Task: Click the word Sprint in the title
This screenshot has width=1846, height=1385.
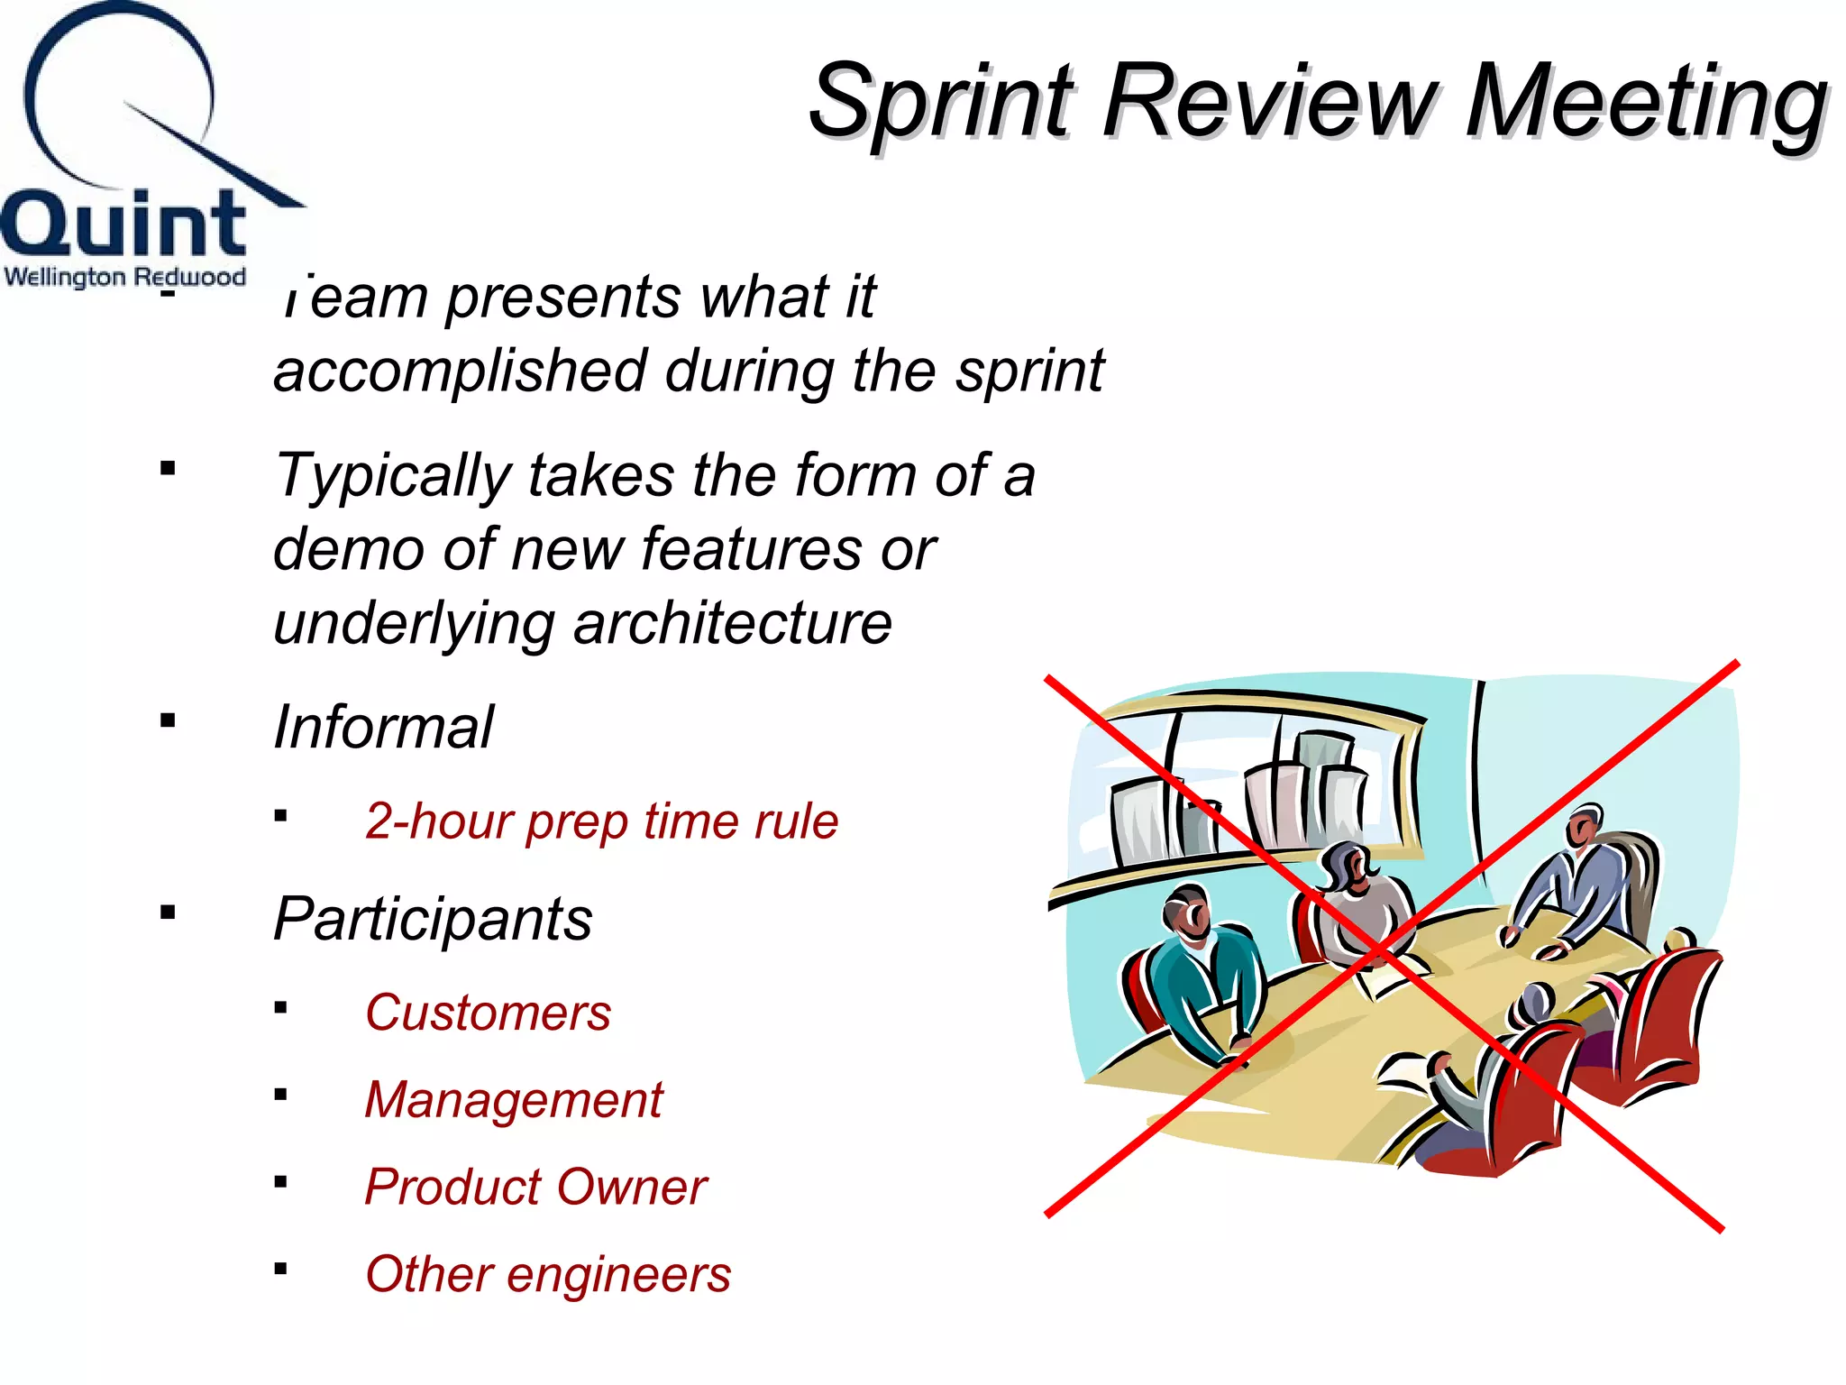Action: point(942,101)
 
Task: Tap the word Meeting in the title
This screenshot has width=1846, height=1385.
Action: point(1646,101)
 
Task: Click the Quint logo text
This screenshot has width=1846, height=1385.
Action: point(123,224)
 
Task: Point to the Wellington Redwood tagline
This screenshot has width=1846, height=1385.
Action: point(124,276)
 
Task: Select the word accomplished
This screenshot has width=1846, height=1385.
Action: point(461,371)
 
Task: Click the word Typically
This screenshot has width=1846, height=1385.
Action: point(392,475)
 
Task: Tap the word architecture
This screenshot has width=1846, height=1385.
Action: point(732,623)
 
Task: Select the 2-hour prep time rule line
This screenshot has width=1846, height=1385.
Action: point(601,821)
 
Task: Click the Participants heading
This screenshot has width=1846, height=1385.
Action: point(433,919)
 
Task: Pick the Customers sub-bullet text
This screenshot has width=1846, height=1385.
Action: point(488,1013)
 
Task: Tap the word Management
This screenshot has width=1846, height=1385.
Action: point(514,1100)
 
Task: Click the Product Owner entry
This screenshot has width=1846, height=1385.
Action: point(535,1187)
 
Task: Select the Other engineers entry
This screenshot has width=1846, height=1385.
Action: point(548,1274)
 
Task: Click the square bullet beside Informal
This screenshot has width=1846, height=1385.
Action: point(168,720)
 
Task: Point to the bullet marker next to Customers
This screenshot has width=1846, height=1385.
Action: point(281,1007)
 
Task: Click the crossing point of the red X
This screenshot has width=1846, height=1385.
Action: point(1379,949)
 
